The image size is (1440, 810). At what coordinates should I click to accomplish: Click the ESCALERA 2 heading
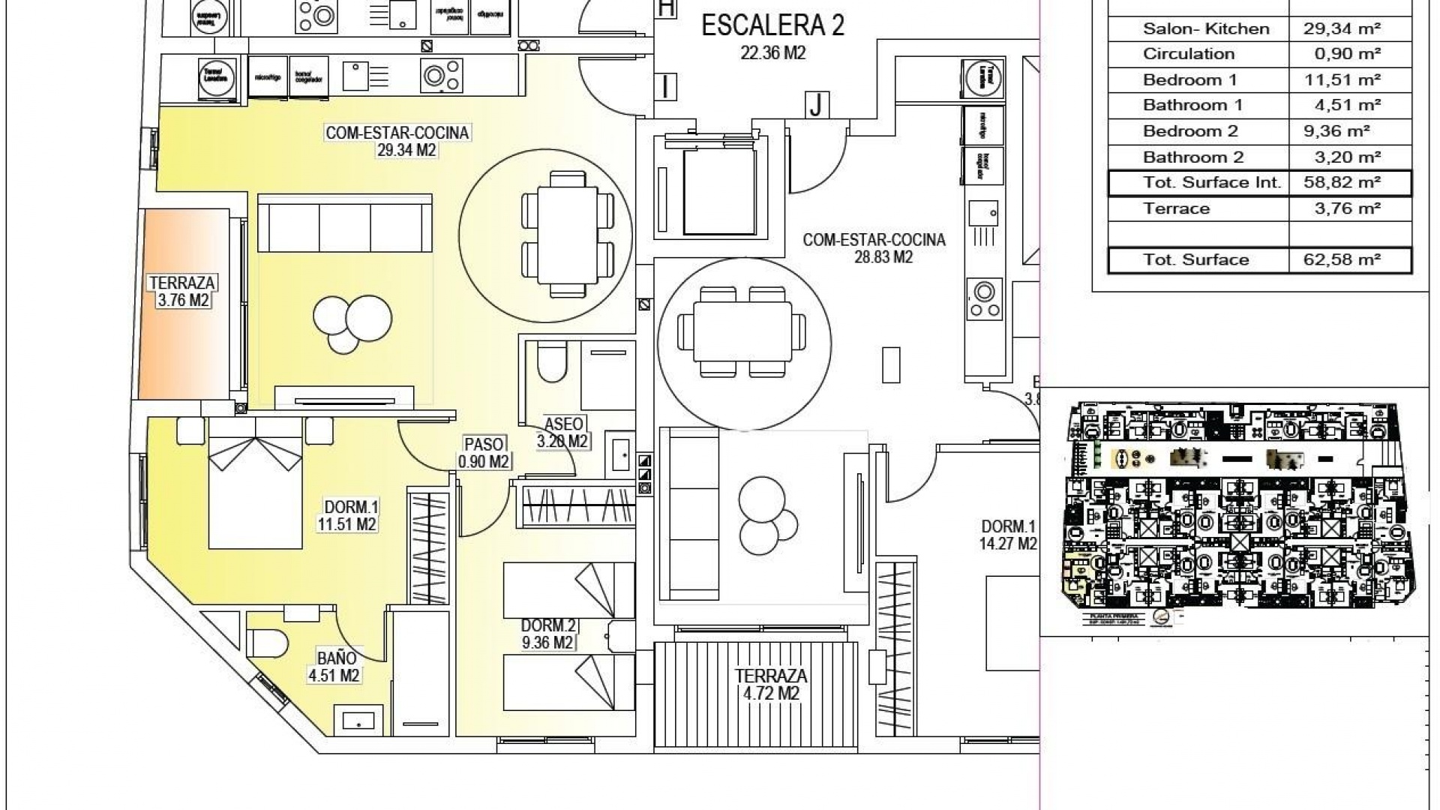772,26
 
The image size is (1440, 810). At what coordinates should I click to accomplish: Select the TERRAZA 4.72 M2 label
771,684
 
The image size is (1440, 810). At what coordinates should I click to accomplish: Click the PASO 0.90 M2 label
484,453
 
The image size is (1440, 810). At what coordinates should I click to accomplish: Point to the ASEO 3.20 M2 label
562,433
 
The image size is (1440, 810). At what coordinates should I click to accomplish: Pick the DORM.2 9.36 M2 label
547,634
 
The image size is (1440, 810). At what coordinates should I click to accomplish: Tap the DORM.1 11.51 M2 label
346,515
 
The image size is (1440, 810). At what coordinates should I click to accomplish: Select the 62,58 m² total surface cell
1348,259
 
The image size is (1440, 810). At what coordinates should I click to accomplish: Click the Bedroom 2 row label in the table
1190,131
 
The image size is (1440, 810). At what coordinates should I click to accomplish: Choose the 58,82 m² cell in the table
1348,182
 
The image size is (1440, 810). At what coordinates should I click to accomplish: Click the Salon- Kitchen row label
1206,28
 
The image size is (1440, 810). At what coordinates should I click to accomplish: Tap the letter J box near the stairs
816,105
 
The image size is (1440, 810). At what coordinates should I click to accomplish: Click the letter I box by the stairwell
665,86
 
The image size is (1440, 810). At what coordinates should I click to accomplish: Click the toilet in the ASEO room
553,364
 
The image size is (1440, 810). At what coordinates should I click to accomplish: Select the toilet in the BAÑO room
268,643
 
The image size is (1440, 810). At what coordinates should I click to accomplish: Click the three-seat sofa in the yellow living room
345,223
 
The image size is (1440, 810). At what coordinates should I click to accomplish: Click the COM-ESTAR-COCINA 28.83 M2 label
874,247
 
